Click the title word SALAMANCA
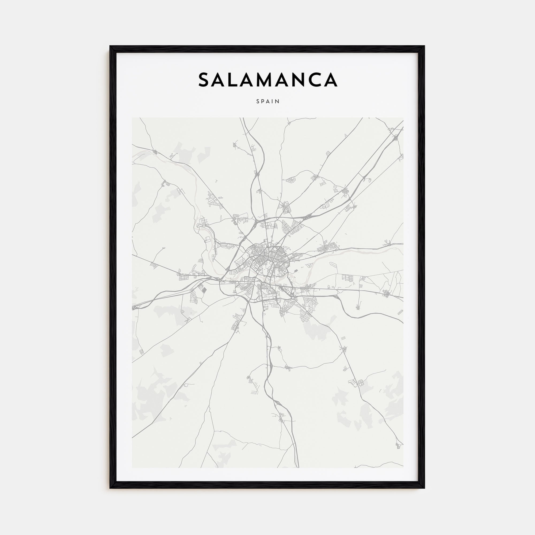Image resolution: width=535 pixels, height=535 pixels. point(267,80)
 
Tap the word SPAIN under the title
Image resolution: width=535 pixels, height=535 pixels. point(268,102)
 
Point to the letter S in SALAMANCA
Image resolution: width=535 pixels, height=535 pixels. point(204,80)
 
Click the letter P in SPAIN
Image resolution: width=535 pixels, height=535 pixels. point(263,102)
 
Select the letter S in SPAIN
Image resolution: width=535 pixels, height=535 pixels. point(258,102)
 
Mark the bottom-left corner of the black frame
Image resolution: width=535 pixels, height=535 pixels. point(110,488)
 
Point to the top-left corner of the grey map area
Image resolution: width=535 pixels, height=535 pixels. point(132,118)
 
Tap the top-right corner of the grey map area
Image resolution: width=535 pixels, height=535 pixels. point(403,118)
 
